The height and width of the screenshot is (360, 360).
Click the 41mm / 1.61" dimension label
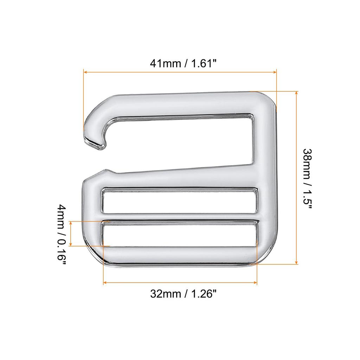183,63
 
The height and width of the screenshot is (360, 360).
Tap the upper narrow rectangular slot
180,201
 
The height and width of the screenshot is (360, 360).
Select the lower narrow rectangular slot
180,233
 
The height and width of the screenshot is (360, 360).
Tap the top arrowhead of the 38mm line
297,93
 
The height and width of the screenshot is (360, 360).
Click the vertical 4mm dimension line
71,234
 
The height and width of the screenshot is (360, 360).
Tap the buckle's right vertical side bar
265,176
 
